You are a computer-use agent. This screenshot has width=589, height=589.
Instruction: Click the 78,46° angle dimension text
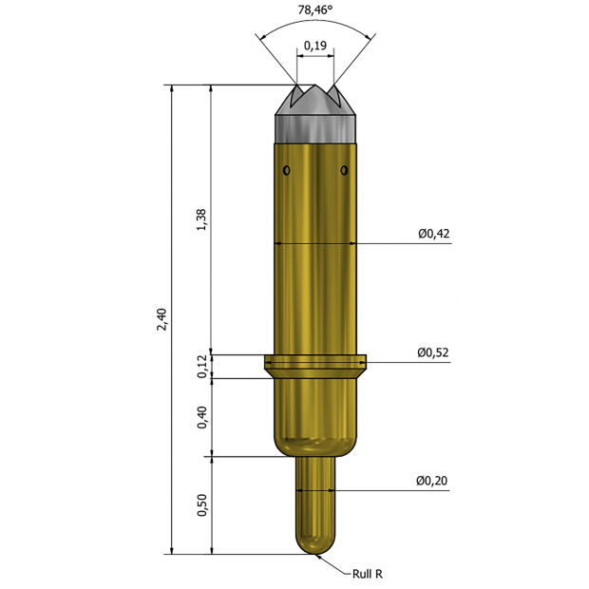(315, 9)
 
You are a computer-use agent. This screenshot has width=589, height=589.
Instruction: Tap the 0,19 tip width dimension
(315, 46)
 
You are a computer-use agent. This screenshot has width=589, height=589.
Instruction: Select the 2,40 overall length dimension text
(161, 319)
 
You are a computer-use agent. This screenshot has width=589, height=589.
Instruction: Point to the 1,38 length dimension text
(201, 219)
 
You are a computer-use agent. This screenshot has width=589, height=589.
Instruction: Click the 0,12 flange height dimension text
(202, 367)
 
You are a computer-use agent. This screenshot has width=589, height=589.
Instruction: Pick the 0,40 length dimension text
(202, 417)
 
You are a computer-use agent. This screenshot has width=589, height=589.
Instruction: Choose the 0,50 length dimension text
(202, 505)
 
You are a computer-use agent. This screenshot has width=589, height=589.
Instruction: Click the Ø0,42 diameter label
(434, 234)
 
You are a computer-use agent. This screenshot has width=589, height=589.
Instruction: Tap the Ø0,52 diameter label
(433, 352)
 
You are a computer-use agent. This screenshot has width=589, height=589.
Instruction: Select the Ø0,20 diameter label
(431, 481)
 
